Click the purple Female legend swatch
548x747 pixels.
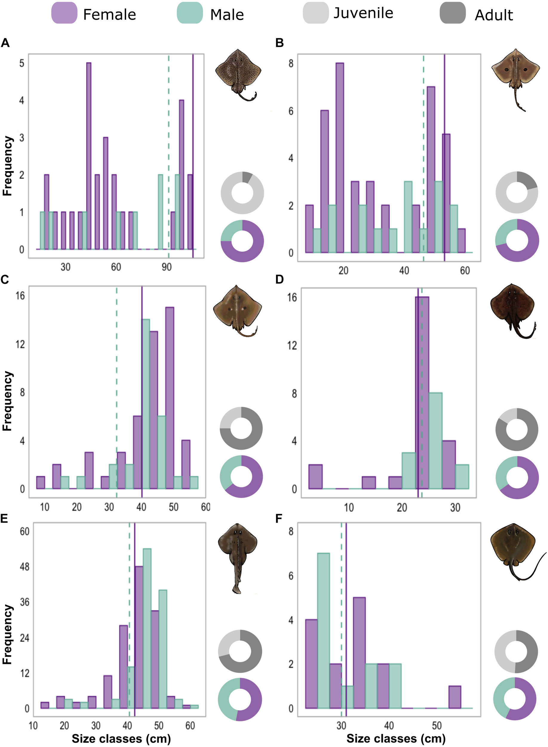point(64,13)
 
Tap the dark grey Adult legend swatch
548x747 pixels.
point(452,13)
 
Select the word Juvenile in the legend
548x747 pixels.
point(363,13)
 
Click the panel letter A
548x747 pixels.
point(5,43)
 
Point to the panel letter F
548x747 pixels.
point(279,518)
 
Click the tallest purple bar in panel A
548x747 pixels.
point(89,156)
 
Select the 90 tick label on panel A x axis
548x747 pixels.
point(167,267)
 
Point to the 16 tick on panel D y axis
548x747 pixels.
point(292,297)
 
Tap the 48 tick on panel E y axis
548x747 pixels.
point(24,567)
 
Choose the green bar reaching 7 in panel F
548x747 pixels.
point(323,630)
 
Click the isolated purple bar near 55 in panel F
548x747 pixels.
point(455,697)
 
